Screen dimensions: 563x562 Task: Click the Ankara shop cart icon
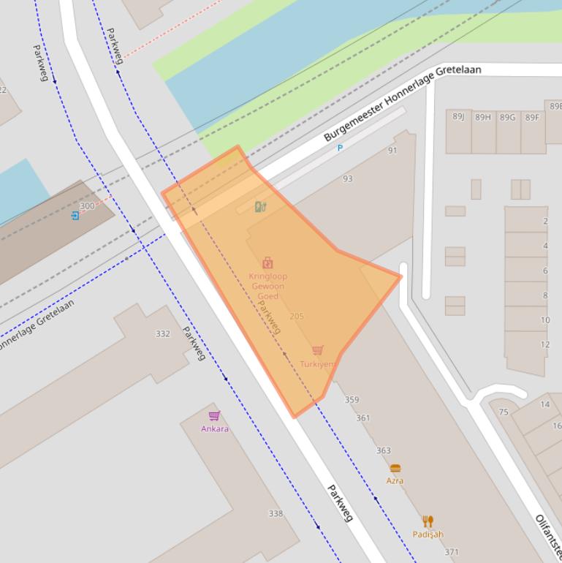point(214,416)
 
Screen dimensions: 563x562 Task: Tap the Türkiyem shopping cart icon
point(317,350)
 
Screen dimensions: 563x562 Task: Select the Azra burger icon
point(395,468)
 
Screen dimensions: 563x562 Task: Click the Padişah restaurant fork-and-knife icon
point(428,521)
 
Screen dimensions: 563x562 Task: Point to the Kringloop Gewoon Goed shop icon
point(267,263)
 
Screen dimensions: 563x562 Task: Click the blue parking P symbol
point(340,148)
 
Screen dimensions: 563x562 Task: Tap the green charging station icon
point(260,207)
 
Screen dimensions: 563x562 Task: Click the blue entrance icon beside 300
point(75,216)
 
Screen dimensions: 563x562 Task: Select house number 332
point(162,333)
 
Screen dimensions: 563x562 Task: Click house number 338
point(275,513)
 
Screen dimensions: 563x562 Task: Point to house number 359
point(352,400)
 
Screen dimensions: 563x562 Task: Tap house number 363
point(383,450)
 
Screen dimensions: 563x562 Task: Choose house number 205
point(296,316)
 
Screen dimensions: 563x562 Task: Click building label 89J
point(458,116)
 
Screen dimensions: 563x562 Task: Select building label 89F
point(531,117)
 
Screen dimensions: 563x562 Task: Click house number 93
point(347,178)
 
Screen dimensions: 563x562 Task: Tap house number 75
point(503,412)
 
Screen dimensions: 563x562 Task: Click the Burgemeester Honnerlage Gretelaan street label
point(402,103)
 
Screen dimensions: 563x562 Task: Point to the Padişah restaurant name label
point(428,534)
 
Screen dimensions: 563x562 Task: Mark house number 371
point(452,552)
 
